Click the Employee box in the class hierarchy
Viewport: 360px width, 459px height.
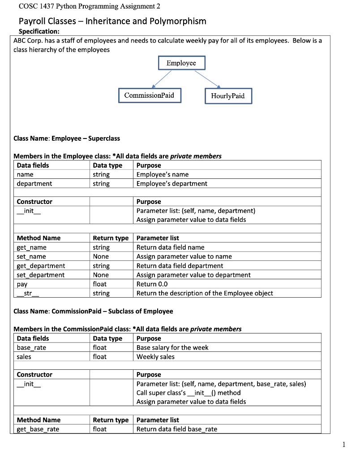click(x=181, y=63)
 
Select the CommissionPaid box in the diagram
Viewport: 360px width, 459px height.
click(x=150, y=95)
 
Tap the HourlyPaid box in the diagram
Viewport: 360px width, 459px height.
click(x=228, y=96)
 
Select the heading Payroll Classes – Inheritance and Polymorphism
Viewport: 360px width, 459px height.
click(x=112, y=21)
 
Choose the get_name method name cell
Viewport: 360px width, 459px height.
click(x=32, y=247)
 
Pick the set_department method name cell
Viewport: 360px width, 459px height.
click(x=41, y=275)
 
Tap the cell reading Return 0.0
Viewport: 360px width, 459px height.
click(x=153, y=284)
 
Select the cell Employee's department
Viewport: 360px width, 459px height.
click(x=172, y=183)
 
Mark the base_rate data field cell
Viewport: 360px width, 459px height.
click(x=31, y=347)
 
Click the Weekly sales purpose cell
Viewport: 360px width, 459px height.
click(x=155, y=357)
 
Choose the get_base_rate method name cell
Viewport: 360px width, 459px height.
click(x=38, y=429)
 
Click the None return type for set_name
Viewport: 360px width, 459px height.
click(x=101, y=256)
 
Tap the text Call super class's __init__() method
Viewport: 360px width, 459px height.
click(x=189, y=393)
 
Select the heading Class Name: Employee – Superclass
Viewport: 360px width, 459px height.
click(x=67, y=138)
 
